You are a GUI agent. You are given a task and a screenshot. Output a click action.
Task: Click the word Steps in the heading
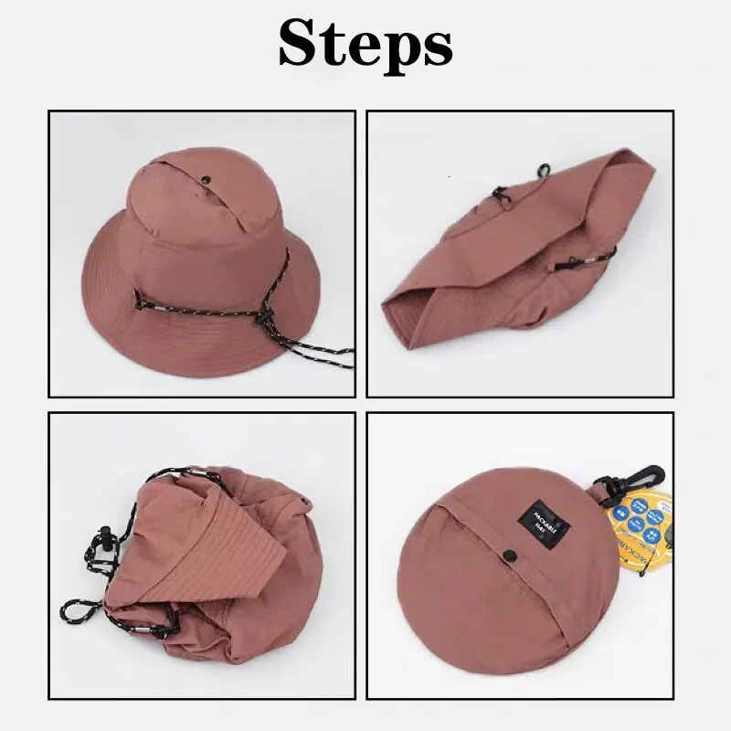(x=365, y=43)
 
